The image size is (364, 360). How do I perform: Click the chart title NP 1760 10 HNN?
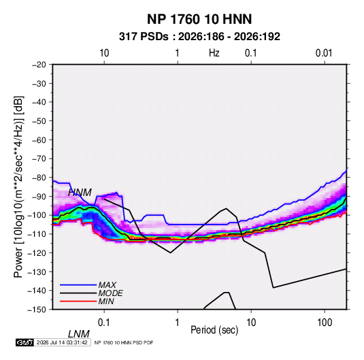[x=199, y=19]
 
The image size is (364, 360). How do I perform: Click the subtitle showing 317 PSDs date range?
[x=199, y=37]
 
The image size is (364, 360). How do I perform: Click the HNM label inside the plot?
[x=80, y=193]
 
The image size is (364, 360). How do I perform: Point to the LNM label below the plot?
[x=78, y=334]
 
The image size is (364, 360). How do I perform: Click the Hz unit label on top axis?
[x=214, y=53]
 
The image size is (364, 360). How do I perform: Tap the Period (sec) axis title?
[x=214, y=329]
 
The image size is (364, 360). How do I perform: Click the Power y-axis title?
[x=18, y=187]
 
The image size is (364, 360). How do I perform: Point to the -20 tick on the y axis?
[x=39, y=65]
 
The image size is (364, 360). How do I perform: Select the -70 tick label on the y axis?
[x=39, y=159]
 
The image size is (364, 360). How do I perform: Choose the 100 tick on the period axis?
[x=325, y=323]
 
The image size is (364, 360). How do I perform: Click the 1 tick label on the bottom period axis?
[x=177, y=323]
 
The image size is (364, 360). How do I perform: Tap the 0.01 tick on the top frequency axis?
[x=324, y=53]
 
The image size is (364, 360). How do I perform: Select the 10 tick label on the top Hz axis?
[x=104, y=53]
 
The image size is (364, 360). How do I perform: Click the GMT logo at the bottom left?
[x=25, y=342]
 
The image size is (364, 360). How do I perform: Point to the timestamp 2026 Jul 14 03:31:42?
[x=62, y=342]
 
